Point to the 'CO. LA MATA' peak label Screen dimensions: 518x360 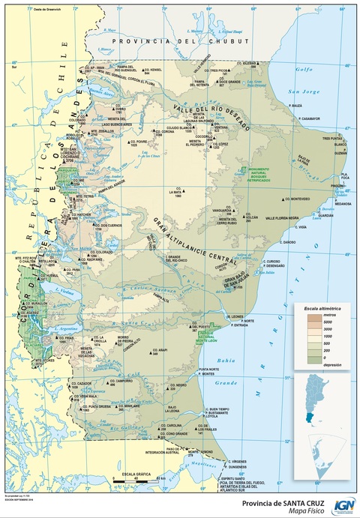(175, 191)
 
